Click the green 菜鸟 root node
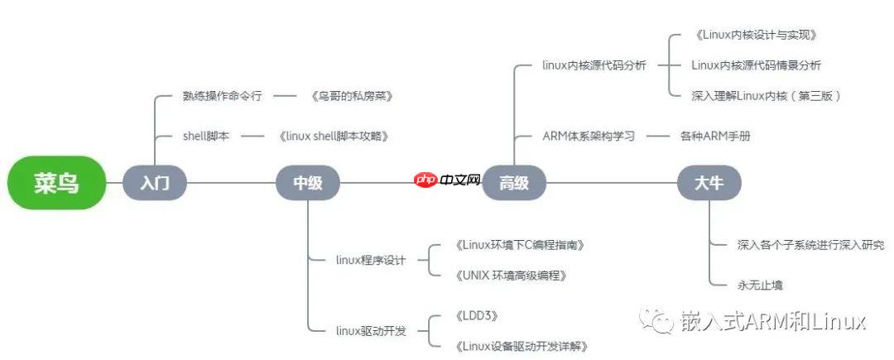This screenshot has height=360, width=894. (x=57, y=183)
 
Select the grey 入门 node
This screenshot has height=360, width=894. (x=155, y=183)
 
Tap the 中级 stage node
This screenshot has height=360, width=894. (x=308, y=183)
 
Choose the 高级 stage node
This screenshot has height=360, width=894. (x=514, y=183)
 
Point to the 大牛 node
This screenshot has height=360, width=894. (x=709, y=183)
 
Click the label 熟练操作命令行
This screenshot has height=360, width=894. (x=222, y=96)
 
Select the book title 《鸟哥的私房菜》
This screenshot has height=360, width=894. (x=351, y=96)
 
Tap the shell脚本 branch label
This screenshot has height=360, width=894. (x=206, y=136)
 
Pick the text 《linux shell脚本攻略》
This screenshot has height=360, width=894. (x=334, y=136)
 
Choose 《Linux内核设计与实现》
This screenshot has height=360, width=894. (x=756, y=35)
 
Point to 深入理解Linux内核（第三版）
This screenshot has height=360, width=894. (x=766, y=96)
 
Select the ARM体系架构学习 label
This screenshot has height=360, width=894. (x=588, y=136)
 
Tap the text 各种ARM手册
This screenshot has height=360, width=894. (x=715, y=136)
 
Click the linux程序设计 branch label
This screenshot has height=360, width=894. (x=371, y=260)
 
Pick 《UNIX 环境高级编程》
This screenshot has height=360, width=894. (x=511, y=275)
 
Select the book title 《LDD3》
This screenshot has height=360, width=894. (x=476, y=315)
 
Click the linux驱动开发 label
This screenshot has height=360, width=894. (x=371, y=330)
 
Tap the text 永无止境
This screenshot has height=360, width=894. (x=760, y=285)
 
